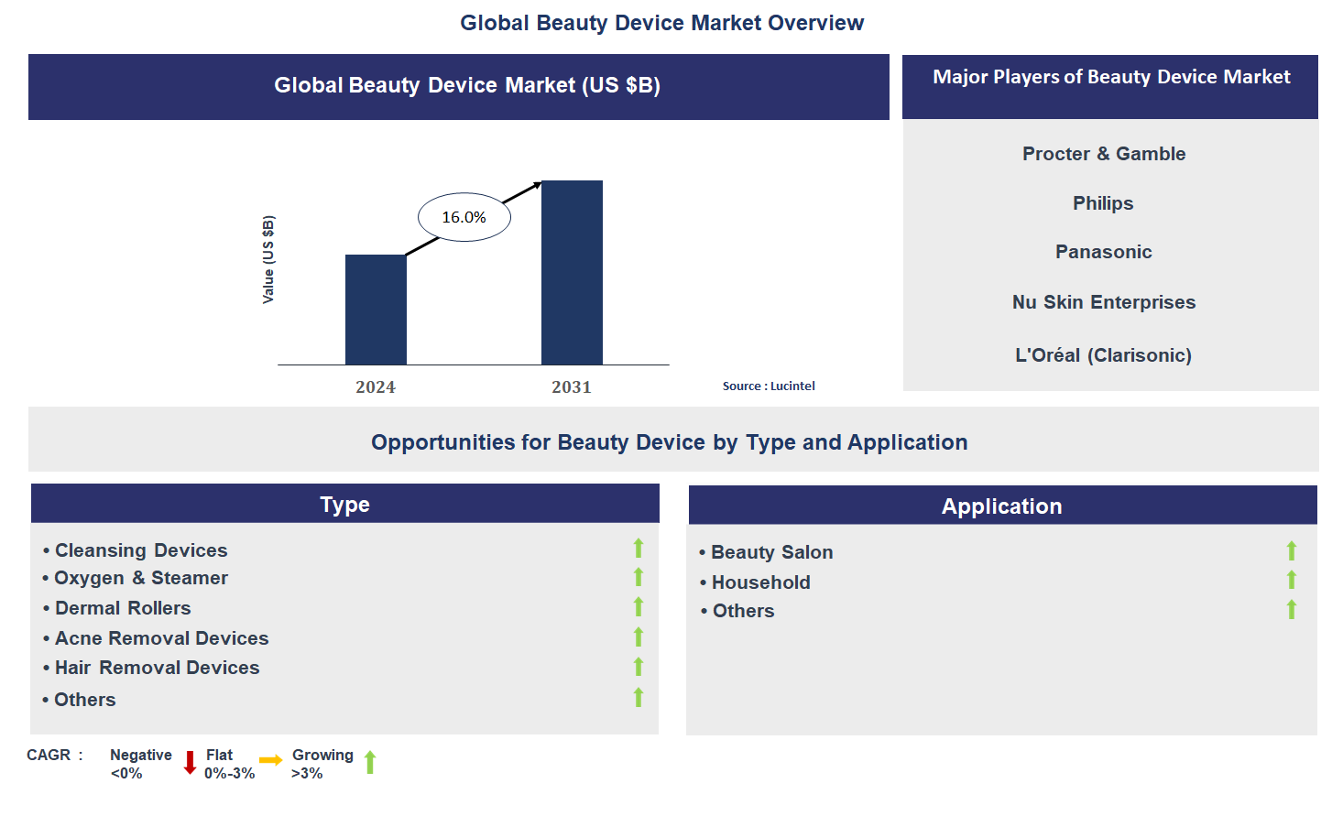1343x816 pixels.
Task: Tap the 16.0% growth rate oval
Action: point(464,217)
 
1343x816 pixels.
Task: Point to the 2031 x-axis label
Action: point(572,387)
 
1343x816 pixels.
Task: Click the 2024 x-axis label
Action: point(376,387)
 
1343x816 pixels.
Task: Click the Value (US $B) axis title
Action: point(268,260)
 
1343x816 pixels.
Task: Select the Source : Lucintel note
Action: point(769,386)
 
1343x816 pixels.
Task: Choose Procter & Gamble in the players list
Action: point(1104,154)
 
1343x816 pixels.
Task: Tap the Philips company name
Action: point(1103,203)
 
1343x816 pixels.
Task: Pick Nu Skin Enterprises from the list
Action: point(1104,302)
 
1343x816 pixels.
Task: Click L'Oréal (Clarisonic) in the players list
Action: point(1103,355)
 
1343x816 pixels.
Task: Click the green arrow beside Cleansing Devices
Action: point(639,548)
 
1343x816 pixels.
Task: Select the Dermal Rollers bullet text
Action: point(123,608)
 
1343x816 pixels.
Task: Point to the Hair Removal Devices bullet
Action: point(157,668)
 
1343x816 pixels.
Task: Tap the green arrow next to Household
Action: point(1292,580)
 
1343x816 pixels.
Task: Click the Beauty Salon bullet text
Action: point(771,552)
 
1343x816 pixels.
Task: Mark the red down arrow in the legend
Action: point(191,763)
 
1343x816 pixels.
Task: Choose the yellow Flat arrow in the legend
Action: point(270,760)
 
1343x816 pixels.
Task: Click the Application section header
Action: point(1002,506)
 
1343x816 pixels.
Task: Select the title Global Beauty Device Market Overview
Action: point(661,23)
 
